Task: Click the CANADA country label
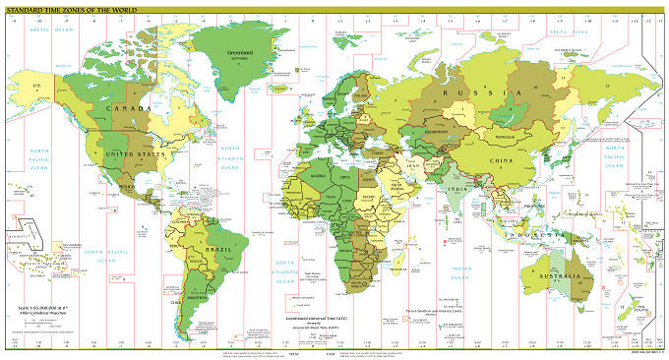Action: pyautogui.click(x=137, y=106)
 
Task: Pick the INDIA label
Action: pyautogui.click(x=457, y=189)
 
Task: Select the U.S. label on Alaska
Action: pyautogui.click(x=38, y=87)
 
